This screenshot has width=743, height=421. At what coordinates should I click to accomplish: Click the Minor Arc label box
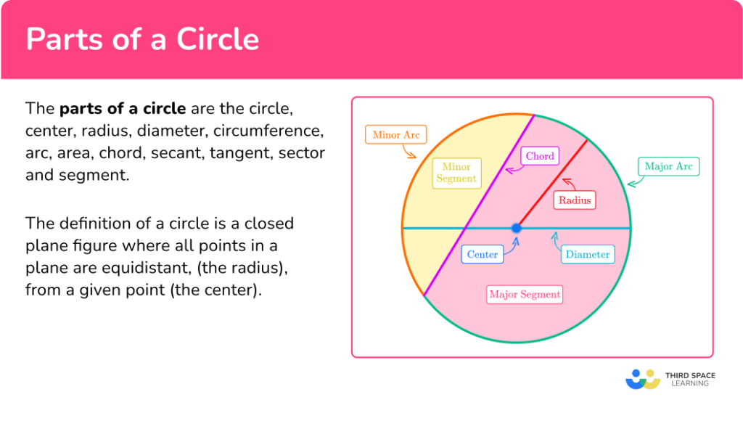tap(395, 135)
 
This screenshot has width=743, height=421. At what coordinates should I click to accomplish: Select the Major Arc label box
tap(668, 166)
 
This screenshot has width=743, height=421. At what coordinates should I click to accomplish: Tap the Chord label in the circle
tap(539, 156)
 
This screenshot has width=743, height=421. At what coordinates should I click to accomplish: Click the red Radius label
tap(574, 200)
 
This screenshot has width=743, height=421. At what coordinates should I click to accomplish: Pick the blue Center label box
tap(482, 254)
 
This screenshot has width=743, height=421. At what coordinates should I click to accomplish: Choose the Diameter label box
tap(588, 254)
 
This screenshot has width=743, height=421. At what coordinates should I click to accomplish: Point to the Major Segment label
tap(525, 294)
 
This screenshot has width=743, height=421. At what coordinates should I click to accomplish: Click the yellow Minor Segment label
tap(456, 173)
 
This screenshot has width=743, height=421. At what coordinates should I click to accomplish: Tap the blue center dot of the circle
tap(517, 228)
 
